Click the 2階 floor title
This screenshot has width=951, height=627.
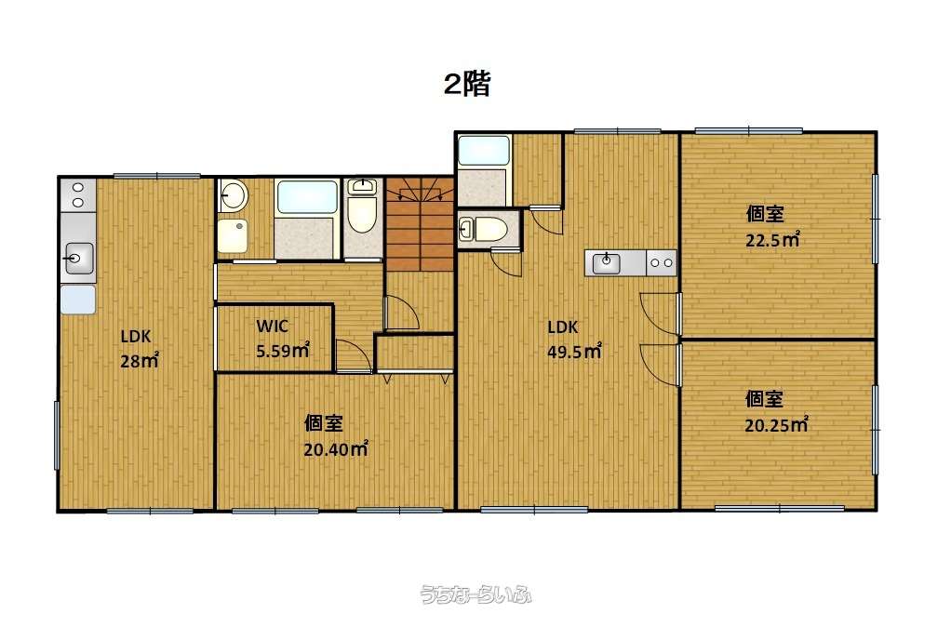pos(466,85)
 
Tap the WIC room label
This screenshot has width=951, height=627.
pos(272,327)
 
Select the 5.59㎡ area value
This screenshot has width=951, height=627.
pos(282,352)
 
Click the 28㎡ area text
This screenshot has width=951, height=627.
pos(139,361)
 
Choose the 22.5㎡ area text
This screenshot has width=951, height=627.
pos(772,240)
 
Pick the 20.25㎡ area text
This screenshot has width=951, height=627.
pos(774,425)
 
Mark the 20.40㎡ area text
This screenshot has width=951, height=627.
pos(335,448)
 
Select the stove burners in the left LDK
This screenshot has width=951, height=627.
pos(78,194)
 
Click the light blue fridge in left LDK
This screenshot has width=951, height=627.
pos(78,300)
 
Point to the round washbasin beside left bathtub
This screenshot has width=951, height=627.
pos(234,195)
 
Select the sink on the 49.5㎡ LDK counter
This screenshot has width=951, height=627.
pos(608,263)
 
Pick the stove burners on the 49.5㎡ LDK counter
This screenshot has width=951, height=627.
pos(662,263)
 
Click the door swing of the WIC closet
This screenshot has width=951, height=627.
pos(352,355)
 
